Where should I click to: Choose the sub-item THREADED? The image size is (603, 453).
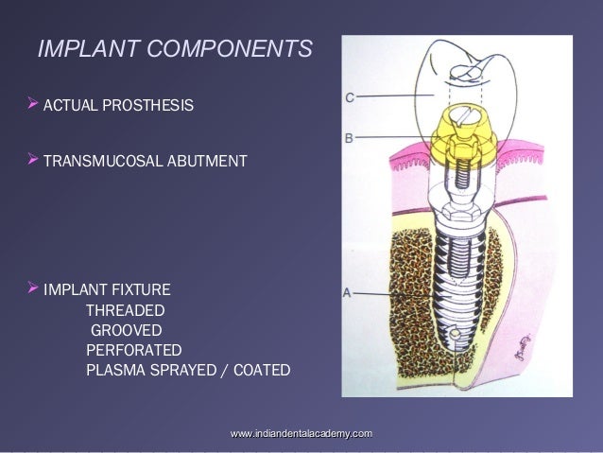tap(125, 310)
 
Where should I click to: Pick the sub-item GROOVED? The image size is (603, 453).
tap(126, 330)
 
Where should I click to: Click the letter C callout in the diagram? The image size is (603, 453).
tap(350, 96)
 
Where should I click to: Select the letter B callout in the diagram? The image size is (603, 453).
tap(349, 138)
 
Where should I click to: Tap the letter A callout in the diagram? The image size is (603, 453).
tap(348, 293)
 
